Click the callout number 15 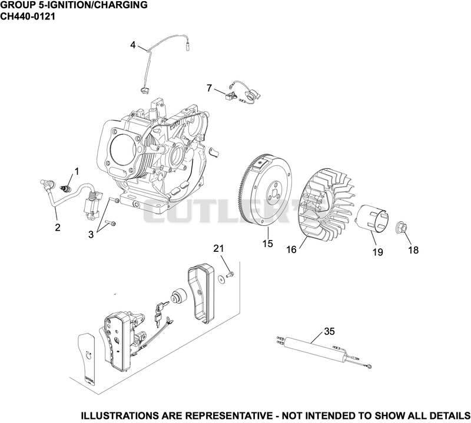pos(268,243)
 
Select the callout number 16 pos(291,249)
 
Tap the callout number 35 pos(330,331)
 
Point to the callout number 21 pos(218,248)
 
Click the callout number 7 pos(210,88)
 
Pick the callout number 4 pos(133,45)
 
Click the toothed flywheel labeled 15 pos(266,188)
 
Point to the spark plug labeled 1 pos(65,189)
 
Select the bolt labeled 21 pos(230,274)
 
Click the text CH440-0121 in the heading pos(28,16)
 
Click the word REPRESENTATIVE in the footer pos(228,416)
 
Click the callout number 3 pos(91,235)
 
